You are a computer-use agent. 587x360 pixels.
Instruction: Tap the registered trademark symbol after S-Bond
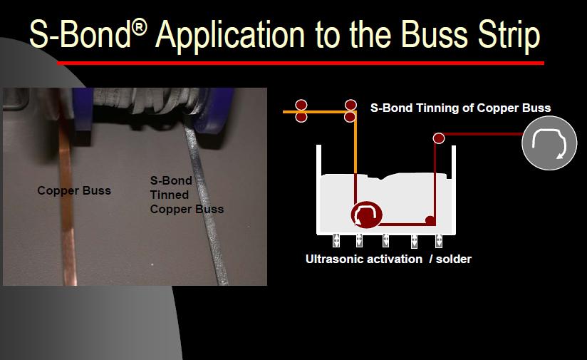point(139,28)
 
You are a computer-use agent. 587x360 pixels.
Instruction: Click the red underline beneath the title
point(301,63)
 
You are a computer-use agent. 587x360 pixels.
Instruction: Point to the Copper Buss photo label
point(74,190)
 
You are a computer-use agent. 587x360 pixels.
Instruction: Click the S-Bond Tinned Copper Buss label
point(187,195)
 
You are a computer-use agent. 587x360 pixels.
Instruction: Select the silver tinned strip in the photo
point(206,202)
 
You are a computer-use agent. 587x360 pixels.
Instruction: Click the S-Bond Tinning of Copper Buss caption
point(460,108)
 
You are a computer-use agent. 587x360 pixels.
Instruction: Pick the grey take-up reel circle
point(549,143)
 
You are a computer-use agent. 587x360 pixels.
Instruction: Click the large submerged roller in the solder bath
point(366,215)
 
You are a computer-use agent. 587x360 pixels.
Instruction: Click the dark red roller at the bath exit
point(439,138)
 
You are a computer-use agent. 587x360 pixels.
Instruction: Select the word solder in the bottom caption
point(454,259)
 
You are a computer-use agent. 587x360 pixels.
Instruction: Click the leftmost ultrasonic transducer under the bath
point(336,240)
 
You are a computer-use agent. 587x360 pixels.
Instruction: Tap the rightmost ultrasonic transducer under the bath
point(439,240)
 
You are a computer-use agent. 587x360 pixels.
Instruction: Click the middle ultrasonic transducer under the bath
point(385,240)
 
